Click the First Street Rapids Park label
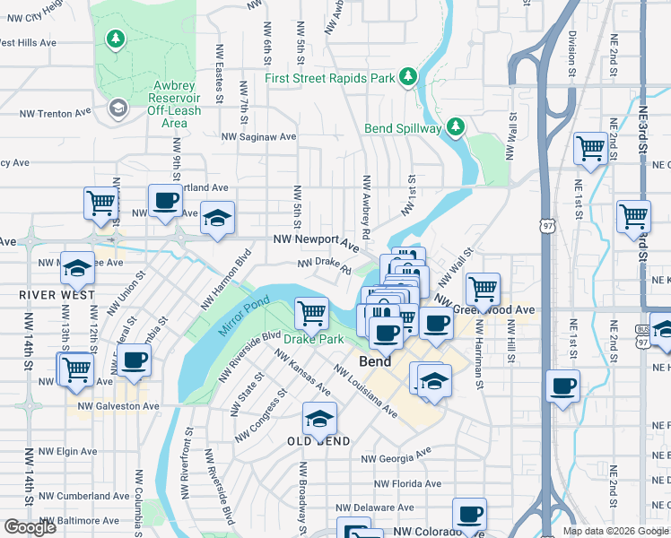pyautogui.click(x=330, y=78)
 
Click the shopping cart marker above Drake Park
pyautogui.click(x=311, y=313)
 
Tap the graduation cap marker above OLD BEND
pyautogui.click(x=319, y=419)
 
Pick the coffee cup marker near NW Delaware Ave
pyautogui.click(x=469, y=514)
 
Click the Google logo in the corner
pyautogui.click(x=30, y=527)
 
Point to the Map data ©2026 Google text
pyautogui.click(x=614, y=531)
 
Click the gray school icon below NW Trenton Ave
pyautogui.click(x=118, y=108)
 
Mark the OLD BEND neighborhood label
pyautogui.click(x=318, y=442)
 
